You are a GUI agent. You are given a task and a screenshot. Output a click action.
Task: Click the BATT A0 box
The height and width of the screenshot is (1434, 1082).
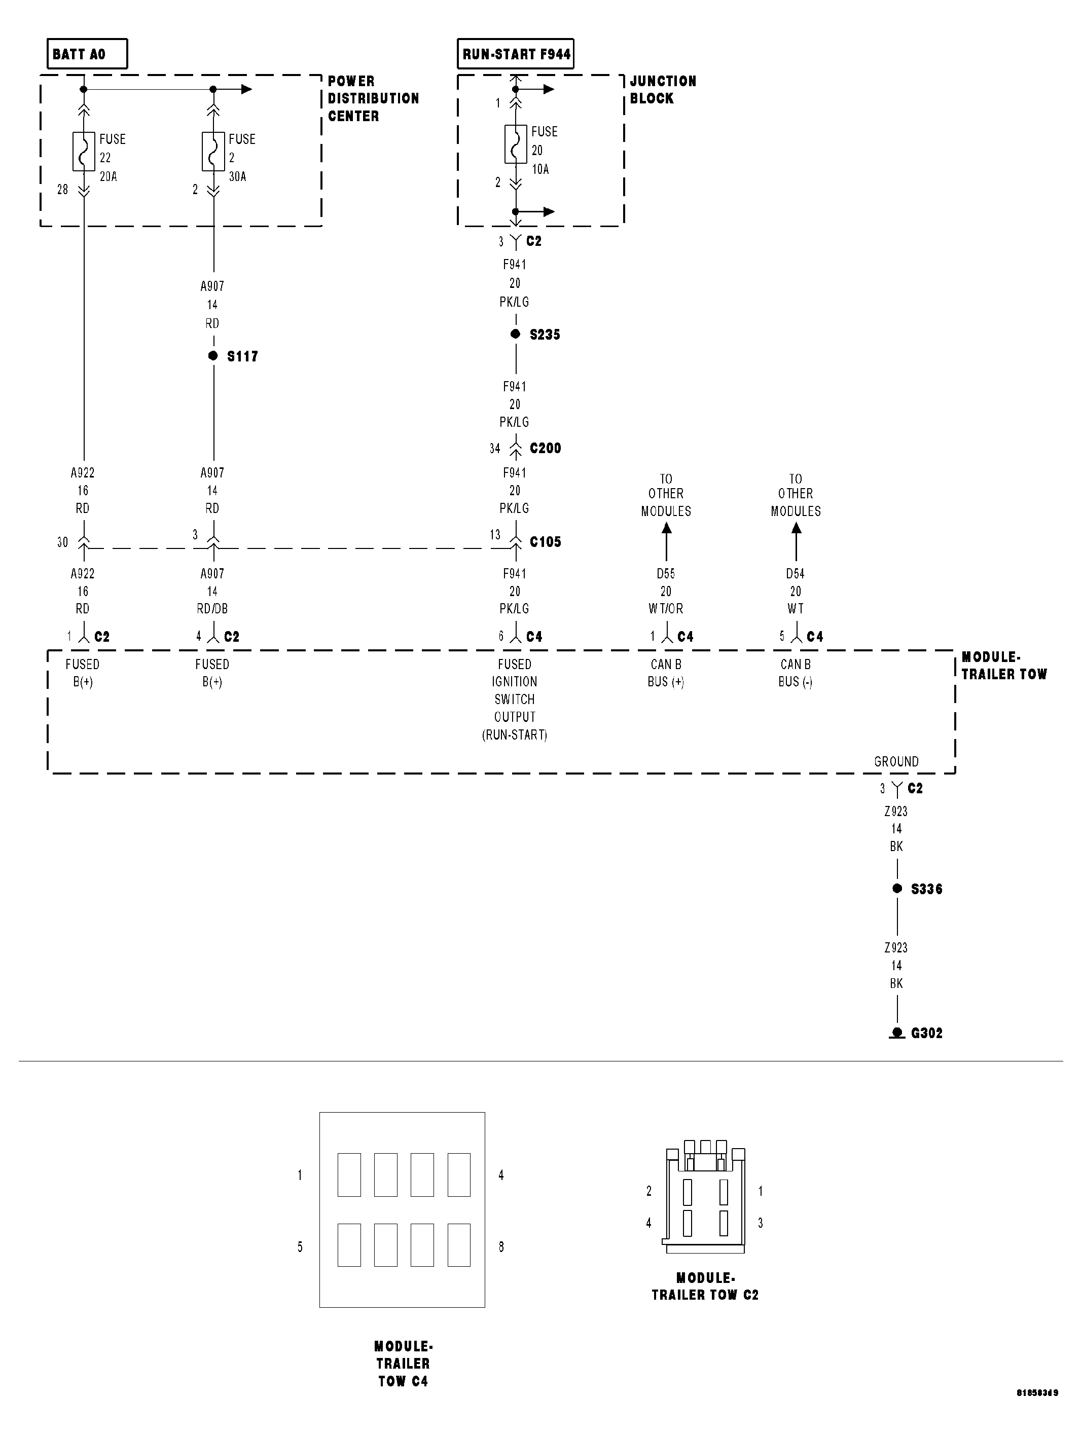[x=87, y=54]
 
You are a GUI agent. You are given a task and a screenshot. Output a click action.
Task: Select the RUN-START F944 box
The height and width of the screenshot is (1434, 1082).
[x=515, y=54]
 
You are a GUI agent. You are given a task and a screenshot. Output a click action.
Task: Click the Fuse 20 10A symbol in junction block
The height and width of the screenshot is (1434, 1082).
[x=515, y=144]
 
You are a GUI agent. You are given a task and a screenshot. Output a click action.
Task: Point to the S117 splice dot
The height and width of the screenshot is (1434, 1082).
[x=212, y=356]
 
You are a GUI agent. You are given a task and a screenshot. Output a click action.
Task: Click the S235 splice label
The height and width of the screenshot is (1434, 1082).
[x=545, y=335]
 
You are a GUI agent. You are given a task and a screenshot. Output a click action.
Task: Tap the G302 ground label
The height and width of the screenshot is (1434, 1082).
[x=926, y=1034]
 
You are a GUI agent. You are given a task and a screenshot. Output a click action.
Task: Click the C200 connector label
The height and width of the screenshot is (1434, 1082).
[x=545, y=448]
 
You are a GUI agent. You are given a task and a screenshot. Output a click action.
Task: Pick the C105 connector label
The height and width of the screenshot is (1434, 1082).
[x=545, y=542]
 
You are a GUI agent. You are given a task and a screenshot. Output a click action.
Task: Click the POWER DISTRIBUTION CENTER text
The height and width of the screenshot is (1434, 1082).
[x=373, y=98]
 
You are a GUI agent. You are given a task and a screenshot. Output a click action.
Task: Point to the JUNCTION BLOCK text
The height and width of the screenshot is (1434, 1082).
[x=663, y=89]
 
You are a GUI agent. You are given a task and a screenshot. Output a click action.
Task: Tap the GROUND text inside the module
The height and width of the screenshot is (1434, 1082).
[x=896, y=762]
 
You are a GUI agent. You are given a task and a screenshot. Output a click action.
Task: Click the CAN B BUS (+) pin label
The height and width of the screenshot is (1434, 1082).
[x=666, y=673]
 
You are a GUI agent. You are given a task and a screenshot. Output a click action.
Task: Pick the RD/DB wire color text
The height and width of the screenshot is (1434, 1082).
[x=212, y=609]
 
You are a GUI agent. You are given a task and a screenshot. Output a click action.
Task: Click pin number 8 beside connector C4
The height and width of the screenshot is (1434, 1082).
[x=500, y=1246]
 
